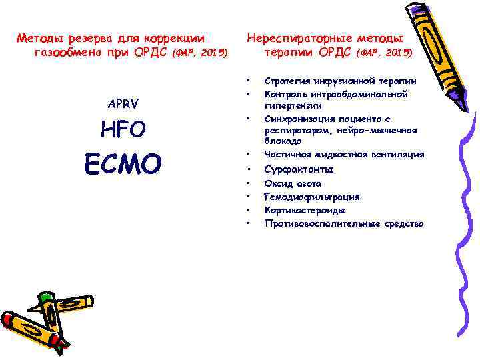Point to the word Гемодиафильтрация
click(312, 197)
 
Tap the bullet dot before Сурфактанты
click(247, 169)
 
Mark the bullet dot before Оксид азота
click(247, 183)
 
